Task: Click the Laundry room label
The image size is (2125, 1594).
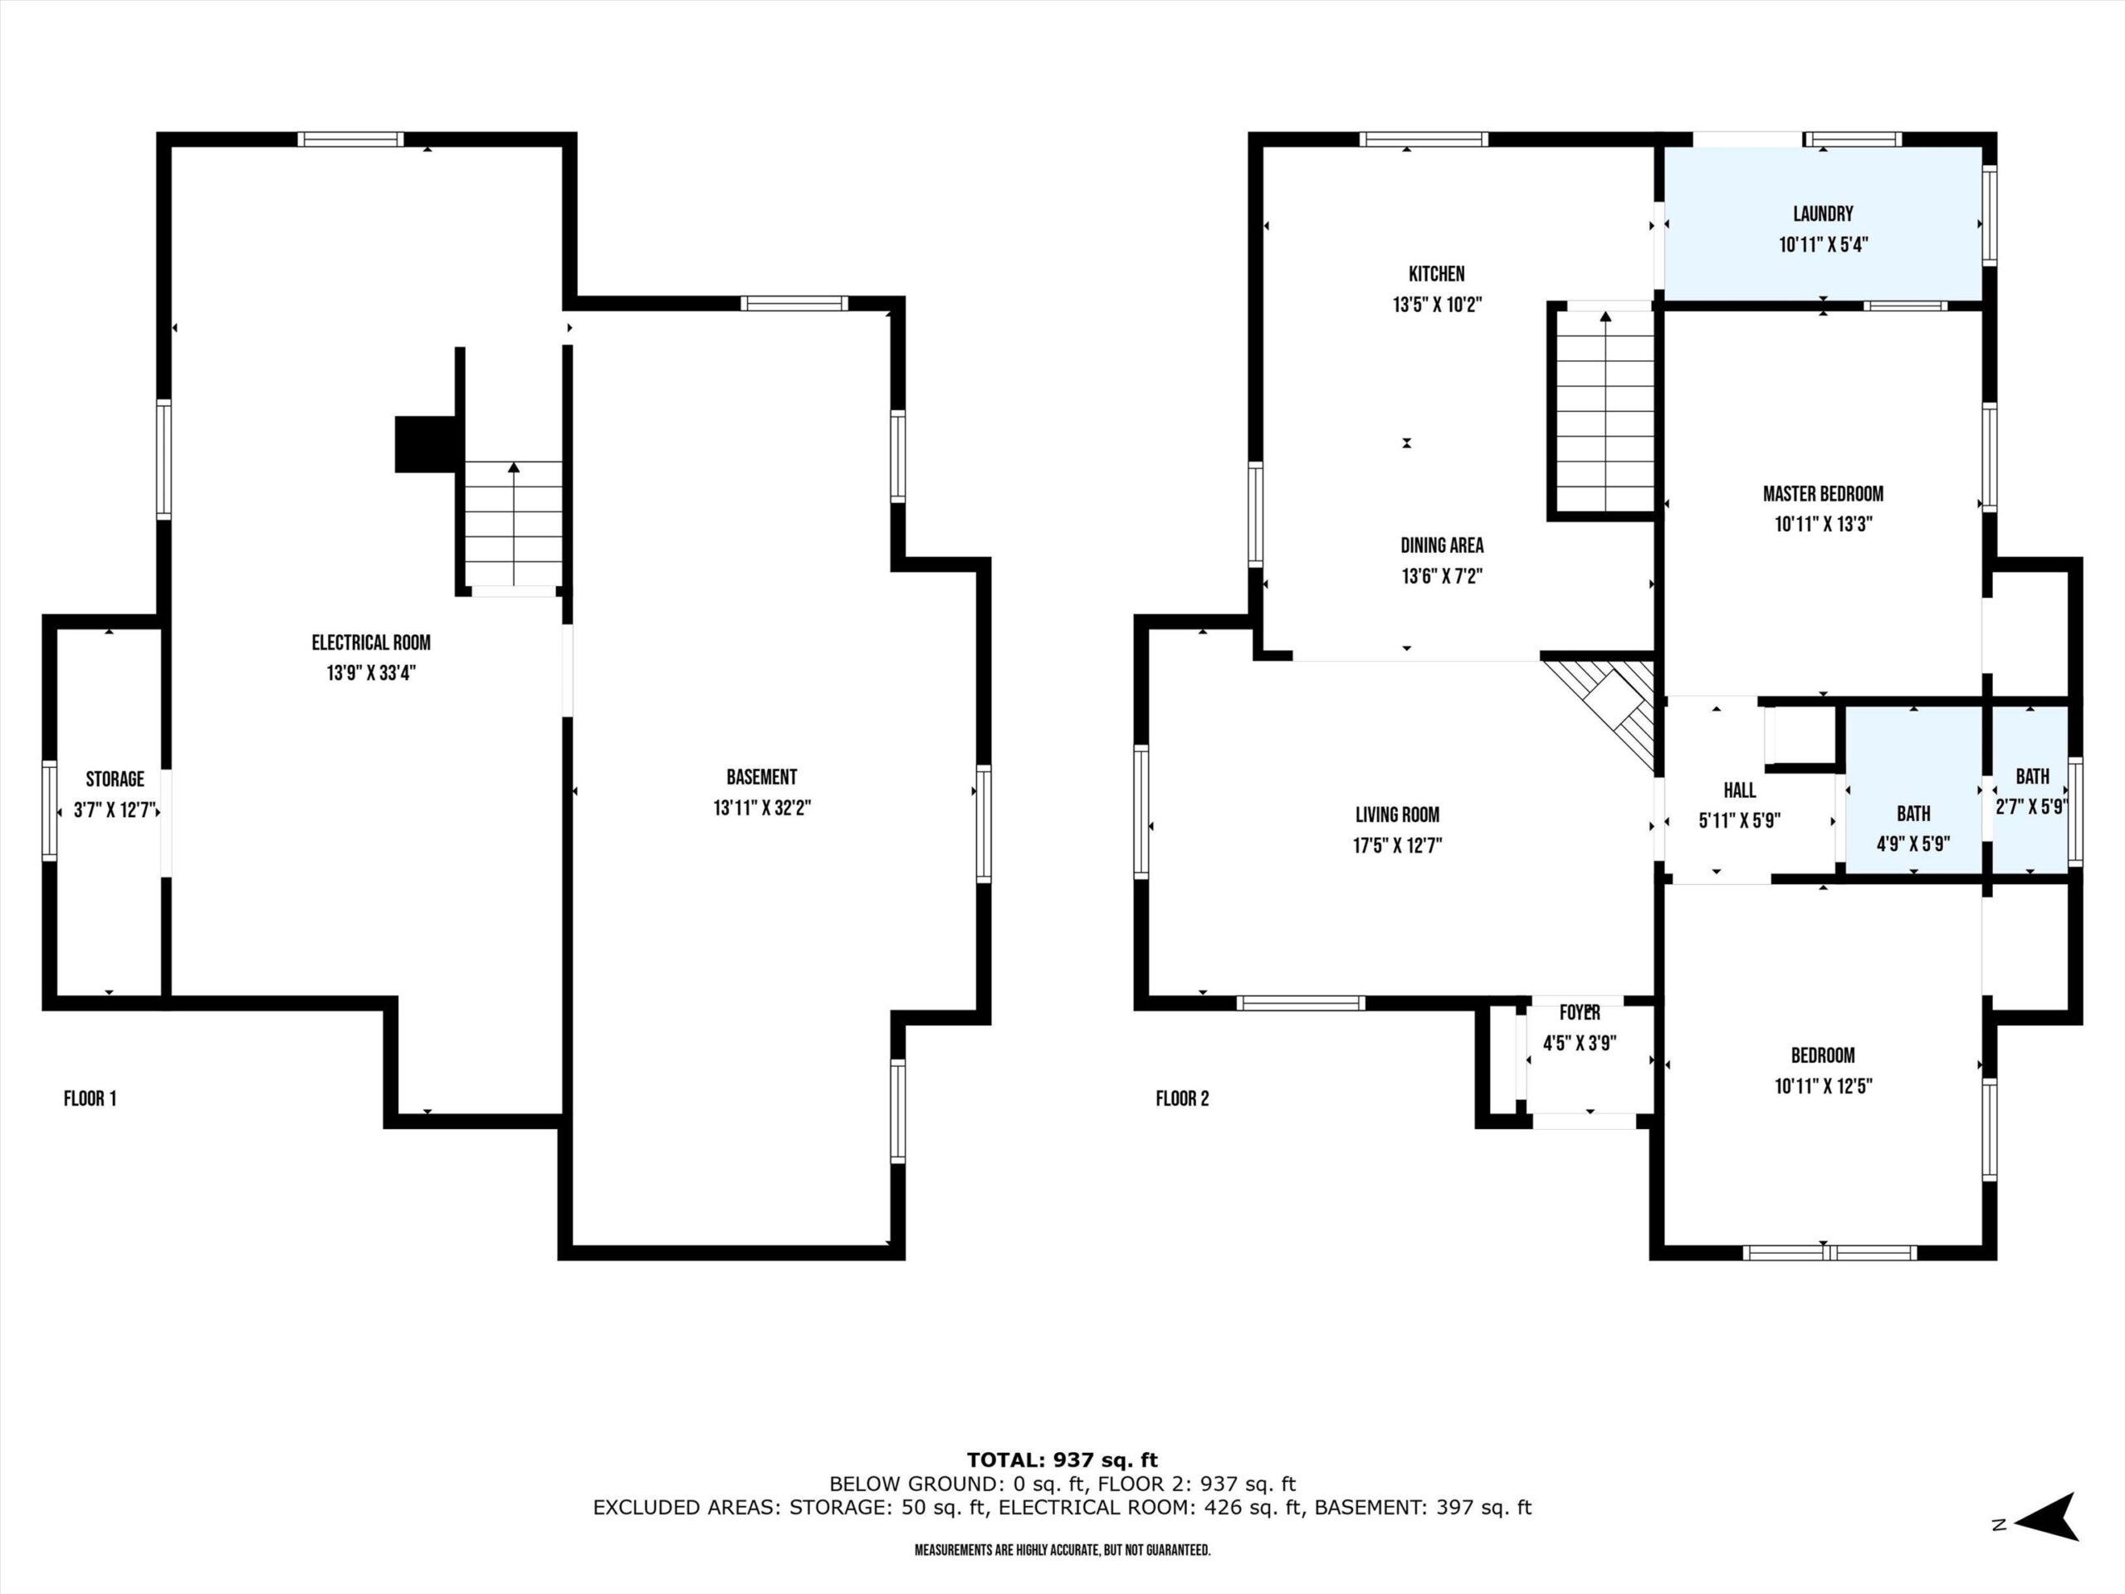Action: [x=1822, y=214]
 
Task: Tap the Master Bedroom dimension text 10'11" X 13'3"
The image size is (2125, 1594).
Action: [x=1822, y=525]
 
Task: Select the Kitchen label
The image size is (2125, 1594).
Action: [x=1436, y=274]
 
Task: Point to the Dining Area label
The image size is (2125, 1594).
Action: [x=1441, y=545]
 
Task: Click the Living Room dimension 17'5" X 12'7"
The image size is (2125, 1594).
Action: [x=1397, y=845]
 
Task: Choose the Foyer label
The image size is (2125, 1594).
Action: [x=1580, y=1013]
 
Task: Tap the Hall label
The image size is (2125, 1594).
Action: [x=1739, y=790]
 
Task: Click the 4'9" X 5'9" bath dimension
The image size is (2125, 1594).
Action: [x=1912, y=844]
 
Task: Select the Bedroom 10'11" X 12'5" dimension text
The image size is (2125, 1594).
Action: [x=1822, y=1087]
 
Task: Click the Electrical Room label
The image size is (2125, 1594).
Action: [x=371, y=643]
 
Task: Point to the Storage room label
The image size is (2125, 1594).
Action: [x=115, y=780]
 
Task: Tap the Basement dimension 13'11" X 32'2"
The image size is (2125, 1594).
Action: [x=762, y=808]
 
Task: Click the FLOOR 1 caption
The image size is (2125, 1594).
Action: [x=90, y=1098]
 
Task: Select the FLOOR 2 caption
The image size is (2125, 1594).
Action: [x=1183, y=1098]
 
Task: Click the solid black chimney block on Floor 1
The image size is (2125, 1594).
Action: [x=426, y=444]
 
